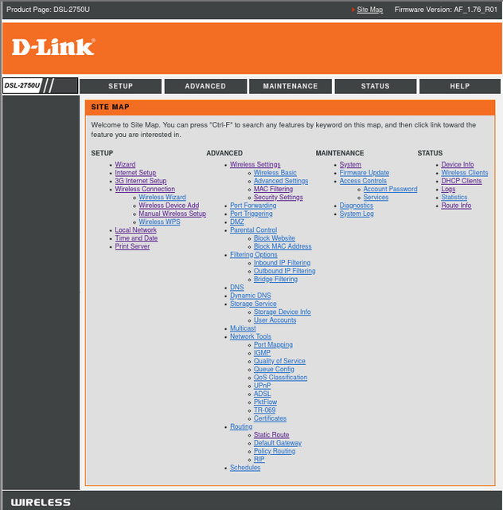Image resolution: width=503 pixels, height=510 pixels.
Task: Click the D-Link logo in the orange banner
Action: (x=53, y=47)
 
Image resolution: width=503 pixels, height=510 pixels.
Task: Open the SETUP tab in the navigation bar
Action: (x=120, y=86)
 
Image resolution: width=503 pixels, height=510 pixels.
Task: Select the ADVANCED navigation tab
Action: (x=205, y=86)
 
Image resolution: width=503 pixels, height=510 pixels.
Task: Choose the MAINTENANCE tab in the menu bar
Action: (x=290, y=86)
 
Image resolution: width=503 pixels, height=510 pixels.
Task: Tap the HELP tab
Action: (x=460, y=86)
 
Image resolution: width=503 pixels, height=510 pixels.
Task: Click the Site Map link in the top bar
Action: (x=370, y=10)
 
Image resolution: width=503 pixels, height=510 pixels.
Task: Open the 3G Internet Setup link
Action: (x=141, y=181)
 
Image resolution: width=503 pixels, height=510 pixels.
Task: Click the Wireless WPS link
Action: (x=159, y=222)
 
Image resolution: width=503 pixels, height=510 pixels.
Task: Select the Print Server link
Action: (x=132, y=246)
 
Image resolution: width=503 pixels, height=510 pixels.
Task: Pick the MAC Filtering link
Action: (x=273, y=189)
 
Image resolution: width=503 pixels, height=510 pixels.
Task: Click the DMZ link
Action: (x=237, y=222)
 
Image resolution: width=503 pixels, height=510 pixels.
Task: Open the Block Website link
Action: (x=275, y=238)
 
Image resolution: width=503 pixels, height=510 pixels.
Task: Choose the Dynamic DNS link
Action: (x=251, y=296)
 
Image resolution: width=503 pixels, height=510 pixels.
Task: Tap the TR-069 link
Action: (x=264, y=410)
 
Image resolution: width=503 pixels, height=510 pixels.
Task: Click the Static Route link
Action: (x=271, y=434)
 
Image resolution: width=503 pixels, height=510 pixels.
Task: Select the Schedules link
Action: (x=245, y=468)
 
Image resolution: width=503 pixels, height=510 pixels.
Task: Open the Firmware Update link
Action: (x=365, y=173)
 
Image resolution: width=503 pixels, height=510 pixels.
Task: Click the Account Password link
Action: (x=390, y=189)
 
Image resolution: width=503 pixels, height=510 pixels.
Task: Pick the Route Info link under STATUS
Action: (x=456, y=206)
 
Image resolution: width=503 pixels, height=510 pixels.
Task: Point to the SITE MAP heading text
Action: (x=110, y=107)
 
